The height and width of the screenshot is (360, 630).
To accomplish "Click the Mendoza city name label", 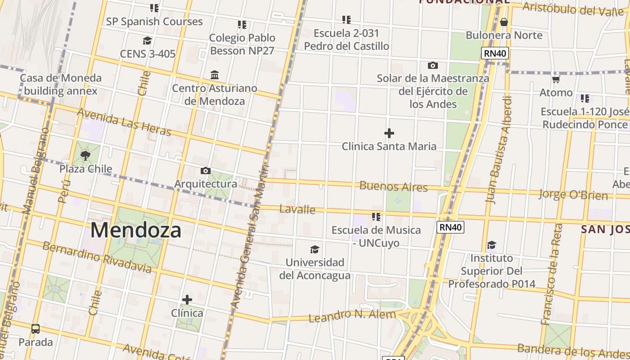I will [x=136, y=230].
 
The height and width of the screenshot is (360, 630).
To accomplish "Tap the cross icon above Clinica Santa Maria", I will [x=389, y=133].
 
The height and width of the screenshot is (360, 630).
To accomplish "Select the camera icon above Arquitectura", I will [x=206, y=171].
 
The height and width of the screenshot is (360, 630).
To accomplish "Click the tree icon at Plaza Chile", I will [x=85, y=156].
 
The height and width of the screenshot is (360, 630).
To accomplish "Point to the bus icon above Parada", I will [x=36, y=329].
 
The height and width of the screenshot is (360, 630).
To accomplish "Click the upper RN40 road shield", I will [x=495, y=54].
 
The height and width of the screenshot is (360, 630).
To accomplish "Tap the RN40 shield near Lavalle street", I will [x=450, y=227].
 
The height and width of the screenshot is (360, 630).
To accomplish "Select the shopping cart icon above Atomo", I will [x=556, y=80].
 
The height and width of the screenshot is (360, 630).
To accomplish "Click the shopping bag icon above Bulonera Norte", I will [x=504, y=22].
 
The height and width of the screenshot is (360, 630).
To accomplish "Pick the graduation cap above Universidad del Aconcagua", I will [x=315, y=249].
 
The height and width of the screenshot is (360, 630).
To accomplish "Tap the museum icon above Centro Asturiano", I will [x=215, y=75].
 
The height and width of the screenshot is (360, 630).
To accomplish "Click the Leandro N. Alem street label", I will [x=352, y=315].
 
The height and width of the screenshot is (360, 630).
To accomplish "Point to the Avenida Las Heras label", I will [x=124, y=122].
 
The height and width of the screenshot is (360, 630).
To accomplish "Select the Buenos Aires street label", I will [x=393, y=186].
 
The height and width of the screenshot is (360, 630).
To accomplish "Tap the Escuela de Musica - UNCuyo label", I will [x=376, y=236].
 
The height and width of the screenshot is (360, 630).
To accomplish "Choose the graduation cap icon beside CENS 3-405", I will [x=147, y=41].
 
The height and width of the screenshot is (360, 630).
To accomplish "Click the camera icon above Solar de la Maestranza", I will [x=433, y=66].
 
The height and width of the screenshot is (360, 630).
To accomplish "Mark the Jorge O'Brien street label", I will [x=573, y=195].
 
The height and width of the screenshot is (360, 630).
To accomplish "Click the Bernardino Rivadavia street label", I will [x=97, y=257].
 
